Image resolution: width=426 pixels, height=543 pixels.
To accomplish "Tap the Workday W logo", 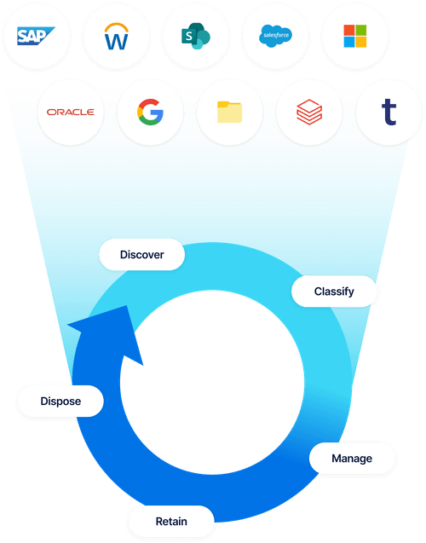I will [115, 37].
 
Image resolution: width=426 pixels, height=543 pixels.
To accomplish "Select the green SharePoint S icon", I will [195, 37].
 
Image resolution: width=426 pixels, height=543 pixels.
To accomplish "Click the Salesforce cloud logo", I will [274, 37].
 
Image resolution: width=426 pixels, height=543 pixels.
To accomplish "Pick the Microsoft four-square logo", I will [354, 36].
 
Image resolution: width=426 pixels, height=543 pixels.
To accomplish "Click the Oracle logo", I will [71, 112].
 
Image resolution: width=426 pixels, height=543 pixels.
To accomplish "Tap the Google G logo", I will [150, 112].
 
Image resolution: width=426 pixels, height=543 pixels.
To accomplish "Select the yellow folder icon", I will [229, 112].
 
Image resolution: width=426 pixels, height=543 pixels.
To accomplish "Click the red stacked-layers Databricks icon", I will [308, 112].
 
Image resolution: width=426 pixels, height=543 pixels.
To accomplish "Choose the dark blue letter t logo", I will [389, 111].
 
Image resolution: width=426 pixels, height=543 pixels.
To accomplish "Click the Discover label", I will [141, 254].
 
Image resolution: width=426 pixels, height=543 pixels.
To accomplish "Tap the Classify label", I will [333, 291].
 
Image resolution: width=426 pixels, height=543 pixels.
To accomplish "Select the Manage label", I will [352, 458].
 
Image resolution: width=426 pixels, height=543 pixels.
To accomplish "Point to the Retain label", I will [171, 520].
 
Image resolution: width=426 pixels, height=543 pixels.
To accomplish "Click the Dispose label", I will [60, 401].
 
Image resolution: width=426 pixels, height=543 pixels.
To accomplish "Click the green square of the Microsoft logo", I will [361, 29].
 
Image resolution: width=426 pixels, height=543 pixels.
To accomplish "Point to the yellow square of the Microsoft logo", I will [361, 42].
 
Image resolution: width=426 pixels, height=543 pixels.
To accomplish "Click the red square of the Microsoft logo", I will [348, 29].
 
